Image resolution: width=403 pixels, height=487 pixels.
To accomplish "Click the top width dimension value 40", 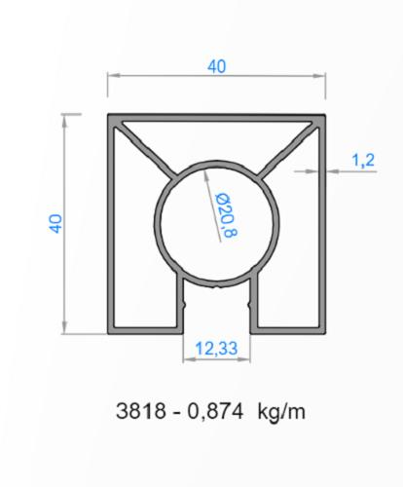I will point(215,65).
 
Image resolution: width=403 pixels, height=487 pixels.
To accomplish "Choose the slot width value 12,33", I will point(219,347).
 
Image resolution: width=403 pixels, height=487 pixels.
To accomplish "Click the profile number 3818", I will point(135,411).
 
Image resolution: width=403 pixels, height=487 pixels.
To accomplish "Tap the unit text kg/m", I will point(281,411).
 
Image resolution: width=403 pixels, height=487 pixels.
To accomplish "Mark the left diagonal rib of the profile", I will point(147,150).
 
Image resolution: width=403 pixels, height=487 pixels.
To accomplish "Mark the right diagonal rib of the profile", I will point(290,150).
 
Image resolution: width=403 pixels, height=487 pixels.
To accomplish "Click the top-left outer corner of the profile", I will point(107,115).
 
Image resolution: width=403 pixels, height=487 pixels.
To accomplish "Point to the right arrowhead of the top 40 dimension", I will point(325,74).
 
